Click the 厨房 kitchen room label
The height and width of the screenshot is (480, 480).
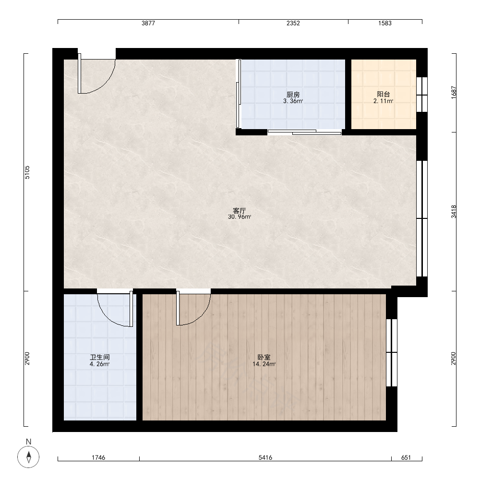(x=293, y=95)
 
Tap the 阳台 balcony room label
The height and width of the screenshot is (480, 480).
(x=383, y=95)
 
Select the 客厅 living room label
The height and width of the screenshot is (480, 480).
(x=240, y=211)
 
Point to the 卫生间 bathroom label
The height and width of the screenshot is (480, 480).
(x=100, y=357)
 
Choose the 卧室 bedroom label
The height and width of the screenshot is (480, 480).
(x=264, y=357)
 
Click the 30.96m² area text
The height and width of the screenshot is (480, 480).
(x=240, y=217)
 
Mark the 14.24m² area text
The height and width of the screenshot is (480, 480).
(x=264, y=364)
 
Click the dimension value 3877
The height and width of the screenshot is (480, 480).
(x=148, y=23)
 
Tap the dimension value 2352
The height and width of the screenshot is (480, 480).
(x=293, y=23)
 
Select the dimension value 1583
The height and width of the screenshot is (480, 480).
(x=385, y=23)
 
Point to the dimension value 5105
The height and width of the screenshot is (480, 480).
(x=27, y=172)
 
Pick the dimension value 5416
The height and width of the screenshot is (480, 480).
(x=265, y=457)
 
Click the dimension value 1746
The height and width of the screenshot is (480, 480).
(x=98, y=457)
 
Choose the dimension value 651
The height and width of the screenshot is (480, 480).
(x=406, y=457)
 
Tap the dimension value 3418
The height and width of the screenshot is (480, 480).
(x=454, y=212)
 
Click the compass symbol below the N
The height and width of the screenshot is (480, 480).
(x=28, y=457)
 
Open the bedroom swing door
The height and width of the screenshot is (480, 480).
(x=193, y=308)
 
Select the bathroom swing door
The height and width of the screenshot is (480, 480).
(x=115, y=309)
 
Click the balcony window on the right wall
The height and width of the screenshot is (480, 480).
(x=422, y=95)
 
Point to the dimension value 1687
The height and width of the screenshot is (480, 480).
(x=454, y=92)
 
